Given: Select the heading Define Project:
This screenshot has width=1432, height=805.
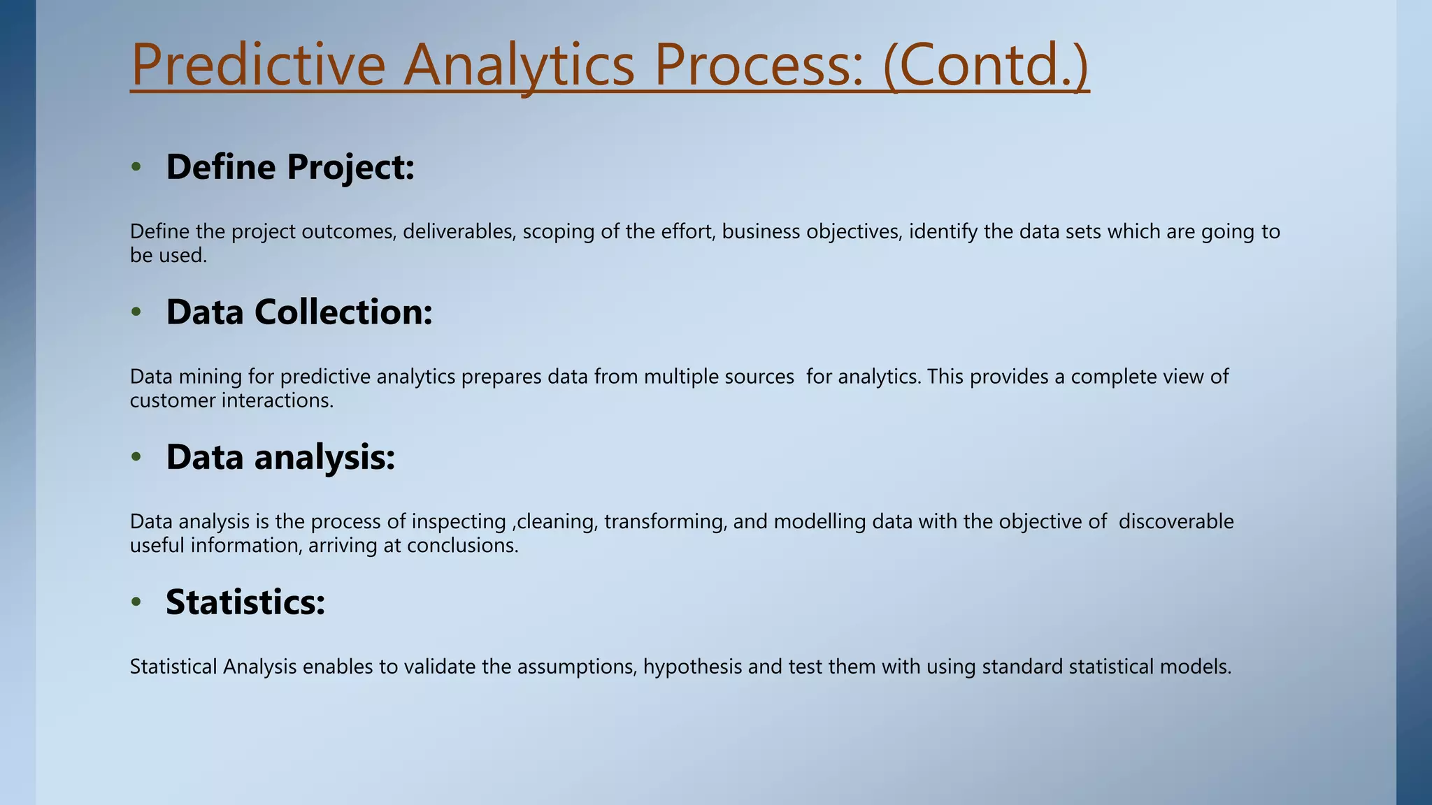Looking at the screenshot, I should pyautogui.click(x=290, y=167).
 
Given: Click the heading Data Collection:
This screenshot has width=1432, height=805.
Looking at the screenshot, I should pyautogui.click(x=299, y=312).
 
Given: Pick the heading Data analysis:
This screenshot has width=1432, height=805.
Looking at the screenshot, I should pyautogui.click(x=280, y=457).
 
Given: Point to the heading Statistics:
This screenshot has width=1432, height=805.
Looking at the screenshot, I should pyautogui.click(x=245, y=602).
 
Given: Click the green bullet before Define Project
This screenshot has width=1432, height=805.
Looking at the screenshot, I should pyautogui.click(x=136, y=168).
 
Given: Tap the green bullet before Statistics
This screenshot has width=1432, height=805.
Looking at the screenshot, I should pyautogui.click(x=136, y=602).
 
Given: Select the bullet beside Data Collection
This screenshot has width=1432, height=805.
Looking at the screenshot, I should pyautogui.click(x=136, y=312).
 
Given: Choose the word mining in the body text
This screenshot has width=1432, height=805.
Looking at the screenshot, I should pyautogui.click(x=210, y=377).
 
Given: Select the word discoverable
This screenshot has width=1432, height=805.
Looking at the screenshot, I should pyautogui.click(x=1176, y=522).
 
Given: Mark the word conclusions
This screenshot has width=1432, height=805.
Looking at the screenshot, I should pyautogui.click(x=462, y=546).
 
